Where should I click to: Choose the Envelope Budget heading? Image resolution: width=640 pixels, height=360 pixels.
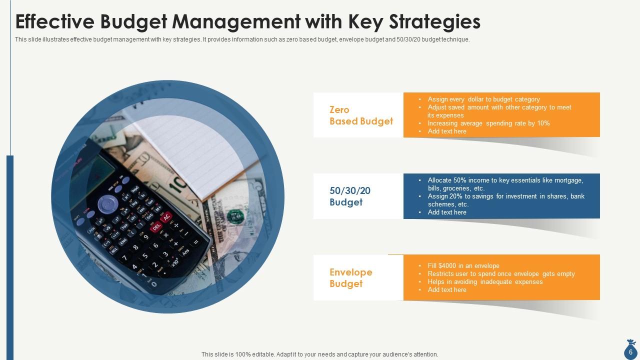(x=351, y=278)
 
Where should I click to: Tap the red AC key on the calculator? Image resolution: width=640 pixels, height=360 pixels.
(x=166, y=216)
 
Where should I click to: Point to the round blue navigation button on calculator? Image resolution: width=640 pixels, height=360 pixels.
(x=107, y=204)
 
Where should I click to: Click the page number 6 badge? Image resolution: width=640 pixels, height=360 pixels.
(x=630, y=352)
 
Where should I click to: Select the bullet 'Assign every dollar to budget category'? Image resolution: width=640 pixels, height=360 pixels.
(x=483, y=99)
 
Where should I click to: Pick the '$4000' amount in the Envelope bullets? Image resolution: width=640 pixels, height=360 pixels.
(x=446, y=266)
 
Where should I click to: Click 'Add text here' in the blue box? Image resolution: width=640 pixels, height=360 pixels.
(x=447, y=212)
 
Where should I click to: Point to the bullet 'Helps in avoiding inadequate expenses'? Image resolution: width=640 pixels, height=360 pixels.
(x=485, y=282)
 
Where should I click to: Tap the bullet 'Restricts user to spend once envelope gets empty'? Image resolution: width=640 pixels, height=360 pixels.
(x=501, y=274)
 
